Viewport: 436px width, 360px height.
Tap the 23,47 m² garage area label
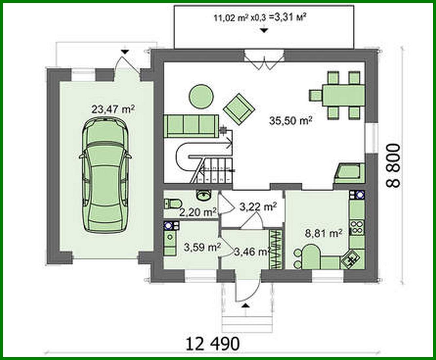click(x=113, y=109)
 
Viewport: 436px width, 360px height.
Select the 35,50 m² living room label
click(x=290, y=120)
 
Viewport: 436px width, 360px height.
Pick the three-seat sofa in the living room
click(x=191, y=126)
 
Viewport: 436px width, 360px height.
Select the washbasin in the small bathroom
click(x=204, y=195)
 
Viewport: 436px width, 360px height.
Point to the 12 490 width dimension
click(x=213, y=344)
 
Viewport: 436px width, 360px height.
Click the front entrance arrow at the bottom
click(x=245, y=306)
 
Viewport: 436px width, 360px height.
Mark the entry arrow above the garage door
click(x=125, y=51)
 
